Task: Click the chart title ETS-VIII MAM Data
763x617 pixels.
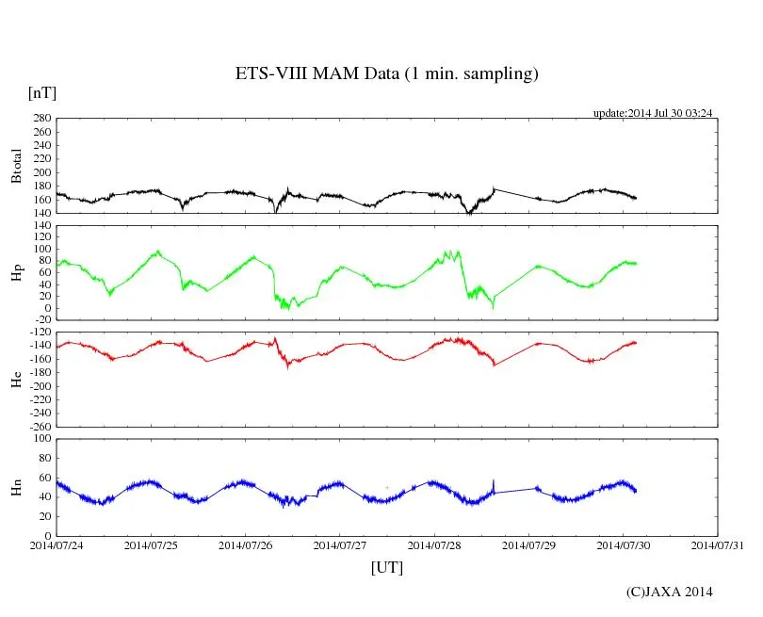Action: pos(386,74)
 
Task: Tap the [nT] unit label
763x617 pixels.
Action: pos(42,92)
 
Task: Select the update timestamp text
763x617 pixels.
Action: pos(652,113)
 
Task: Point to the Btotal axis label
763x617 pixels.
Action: pos(16,166)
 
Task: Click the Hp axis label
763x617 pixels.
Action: pos(16,273)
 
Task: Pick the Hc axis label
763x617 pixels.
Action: pos(16,380)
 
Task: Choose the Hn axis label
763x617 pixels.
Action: pos(16,486)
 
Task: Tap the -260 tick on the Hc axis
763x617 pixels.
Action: pos(39,426)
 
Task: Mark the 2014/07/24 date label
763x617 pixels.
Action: pos(57,544)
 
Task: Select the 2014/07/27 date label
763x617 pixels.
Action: pos(340,544)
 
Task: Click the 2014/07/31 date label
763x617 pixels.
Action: pos(718,544)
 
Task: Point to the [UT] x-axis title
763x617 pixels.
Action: pos(387,567)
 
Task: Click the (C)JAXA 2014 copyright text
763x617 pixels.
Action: pos(670,592)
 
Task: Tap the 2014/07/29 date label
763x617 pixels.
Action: pos(528,544)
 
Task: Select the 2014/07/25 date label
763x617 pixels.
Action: pos(151,544)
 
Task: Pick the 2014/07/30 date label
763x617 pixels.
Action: pos(624,544)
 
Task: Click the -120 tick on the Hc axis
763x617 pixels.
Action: pos(39,333)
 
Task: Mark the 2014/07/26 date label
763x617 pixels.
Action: pos(246,544)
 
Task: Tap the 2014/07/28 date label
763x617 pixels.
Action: pos(434,544)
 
